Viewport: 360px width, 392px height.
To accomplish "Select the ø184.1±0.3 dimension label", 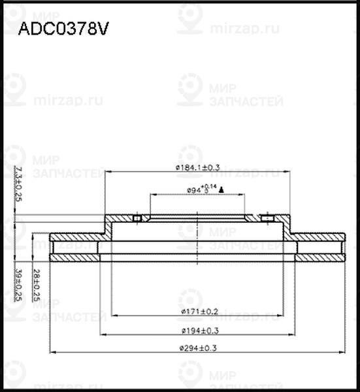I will pyautogui.click(x=197, y=168).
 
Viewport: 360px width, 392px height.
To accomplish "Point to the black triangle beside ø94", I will pyautogui.click(x=222, y=190).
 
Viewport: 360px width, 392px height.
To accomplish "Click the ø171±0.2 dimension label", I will pyautogui.click(x=197, y=311).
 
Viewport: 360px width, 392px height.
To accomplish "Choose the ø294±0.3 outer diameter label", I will pyautogui.click(x=197, y=348).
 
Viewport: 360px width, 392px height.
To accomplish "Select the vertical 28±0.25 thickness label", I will pyautogui.click(x=38, y=284).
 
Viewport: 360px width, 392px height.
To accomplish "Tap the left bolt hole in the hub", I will pyautogui.click(x=137, y=218).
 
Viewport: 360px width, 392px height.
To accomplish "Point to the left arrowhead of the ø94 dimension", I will pyautogui.click(x=153, y=195).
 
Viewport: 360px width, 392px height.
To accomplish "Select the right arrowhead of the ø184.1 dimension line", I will pyautogui.click(x=288, y=172).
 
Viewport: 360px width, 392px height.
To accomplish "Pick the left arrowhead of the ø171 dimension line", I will pyautogui.click(x=114, y=316).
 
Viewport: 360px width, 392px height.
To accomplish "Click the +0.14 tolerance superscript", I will pyautogui.click(x=210, y=187).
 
